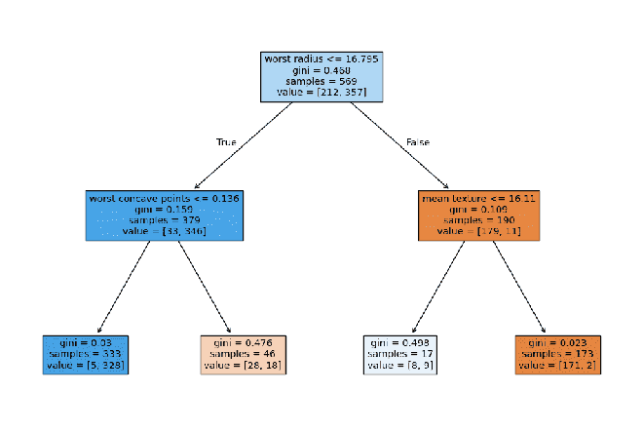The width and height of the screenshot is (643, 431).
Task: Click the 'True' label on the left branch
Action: point(226,142)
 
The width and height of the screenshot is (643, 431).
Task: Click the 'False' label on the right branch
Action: point(417,142)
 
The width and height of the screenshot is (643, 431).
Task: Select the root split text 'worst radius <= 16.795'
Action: point(321,59)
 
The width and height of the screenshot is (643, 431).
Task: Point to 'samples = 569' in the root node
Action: point(321,82)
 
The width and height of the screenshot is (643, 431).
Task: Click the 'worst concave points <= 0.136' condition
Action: point(164,198)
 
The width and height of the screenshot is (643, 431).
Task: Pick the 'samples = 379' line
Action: point(164,220)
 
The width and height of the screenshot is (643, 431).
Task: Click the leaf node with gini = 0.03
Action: point(85,355)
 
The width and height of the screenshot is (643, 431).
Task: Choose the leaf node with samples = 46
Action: point(243,355)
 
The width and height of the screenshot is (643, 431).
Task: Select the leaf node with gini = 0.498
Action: point(400,355)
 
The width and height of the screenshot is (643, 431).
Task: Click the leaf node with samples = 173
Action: point(557,355)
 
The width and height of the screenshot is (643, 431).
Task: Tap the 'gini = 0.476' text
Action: point(243,343)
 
